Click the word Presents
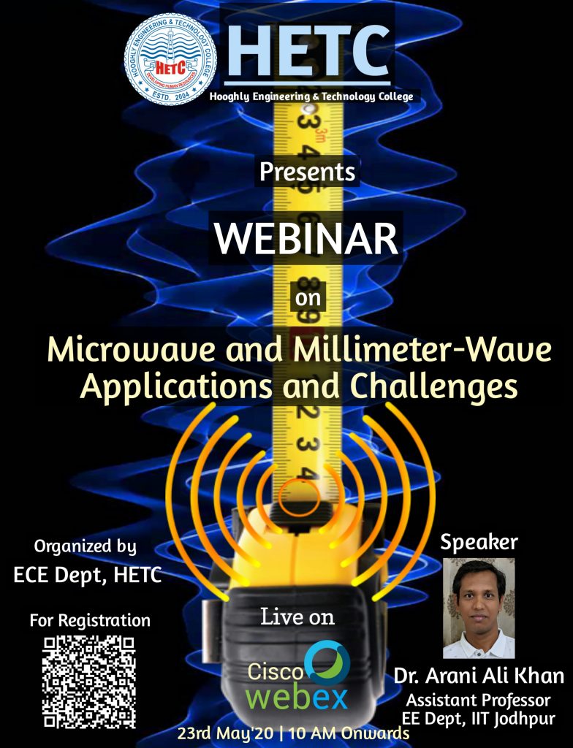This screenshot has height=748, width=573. (x=308, y=172)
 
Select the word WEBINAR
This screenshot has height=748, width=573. (x=306, y=238)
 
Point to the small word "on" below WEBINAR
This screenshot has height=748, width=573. (x=308, y=299)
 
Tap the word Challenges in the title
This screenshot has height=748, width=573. (x=434, y=386)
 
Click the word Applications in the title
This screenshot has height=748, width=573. (x=176, y=386)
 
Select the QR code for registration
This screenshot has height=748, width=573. (x=89, y=682)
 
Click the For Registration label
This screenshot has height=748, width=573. (x=90, y=620)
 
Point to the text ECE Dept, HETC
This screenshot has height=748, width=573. (x=88, y=575)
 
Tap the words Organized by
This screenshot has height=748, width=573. (x=85, y=546)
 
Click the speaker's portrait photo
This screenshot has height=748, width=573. (x=479, y=608)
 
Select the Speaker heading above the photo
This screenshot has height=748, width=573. (x=479, y=543)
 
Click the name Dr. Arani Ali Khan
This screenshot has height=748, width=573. (x=479, y=676)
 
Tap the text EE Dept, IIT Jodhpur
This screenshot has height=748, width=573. (x=479, y=719)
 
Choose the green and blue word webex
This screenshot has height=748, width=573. (x=297, y=698)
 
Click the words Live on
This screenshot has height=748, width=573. (x=297, y=617)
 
